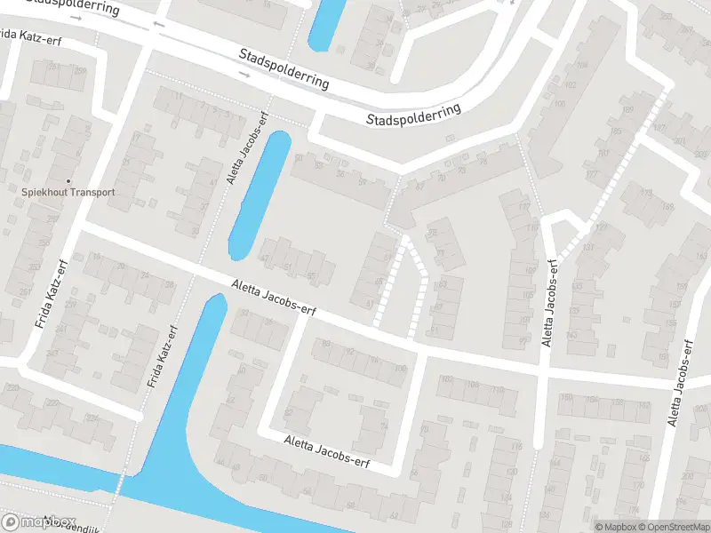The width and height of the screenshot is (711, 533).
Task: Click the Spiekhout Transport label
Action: point(68,192)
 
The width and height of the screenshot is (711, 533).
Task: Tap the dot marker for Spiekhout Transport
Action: point(68,180)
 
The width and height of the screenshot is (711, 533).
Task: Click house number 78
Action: point(483,162)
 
